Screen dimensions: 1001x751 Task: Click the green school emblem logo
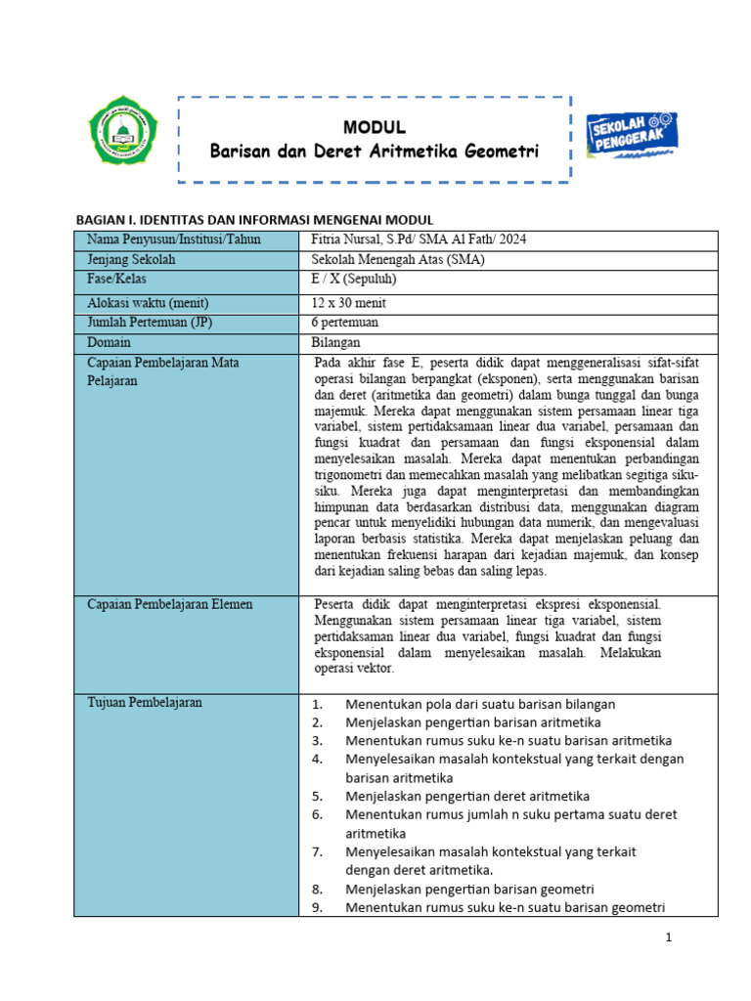122,134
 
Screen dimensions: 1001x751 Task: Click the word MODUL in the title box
374,128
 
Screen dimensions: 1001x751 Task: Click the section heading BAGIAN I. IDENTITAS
254,220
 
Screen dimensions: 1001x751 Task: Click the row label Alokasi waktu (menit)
148,303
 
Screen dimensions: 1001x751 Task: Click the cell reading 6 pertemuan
344,322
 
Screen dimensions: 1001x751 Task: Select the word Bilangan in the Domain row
335,342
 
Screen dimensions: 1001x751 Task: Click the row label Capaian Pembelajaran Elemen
169,604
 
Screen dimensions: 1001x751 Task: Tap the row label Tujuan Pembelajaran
145,703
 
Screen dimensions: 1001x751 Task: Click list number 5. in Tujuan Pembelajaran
318,796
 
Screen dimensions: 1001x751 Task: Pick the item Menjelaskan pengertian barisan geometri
469,889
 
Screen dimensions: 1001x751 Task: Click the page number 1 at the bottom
669,938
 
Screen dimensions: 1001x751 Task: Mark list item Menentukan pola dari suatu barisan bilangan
480,704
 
